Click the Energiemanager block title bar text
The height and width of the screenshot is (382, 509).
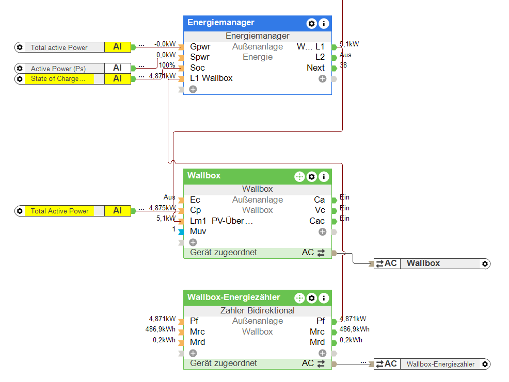pyautogui.click(x=221, y=23)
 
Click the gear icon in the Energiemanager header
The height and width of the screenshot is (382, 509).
pyautogui.click(x=311, y=23)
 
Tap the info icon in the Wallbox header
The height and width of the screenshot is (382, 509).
pyautogui.click(x=324, y=177)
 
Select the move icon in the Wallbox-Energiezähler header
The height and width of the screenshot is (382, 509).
pyautogui.click(x=299, y=298)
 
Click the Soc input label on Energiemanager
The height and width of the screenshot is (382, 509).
pyautogui.click(x=197, y=68)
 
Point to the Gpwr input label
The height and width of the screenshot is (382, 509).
pyautogui.click(x=200, y=46)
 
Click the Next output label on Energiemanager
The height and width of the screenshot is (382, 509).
pyautogui.click(x=315, y=68)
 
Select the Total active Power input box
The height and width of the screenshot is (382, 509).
pyautogui.click(x=59, y=47)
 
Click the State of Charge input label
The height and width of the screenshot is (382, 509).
pyautogui.click(x=58, y=79)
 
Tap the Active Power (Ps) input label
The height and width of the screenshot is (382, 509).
pyautogui.click(x=58, y=69)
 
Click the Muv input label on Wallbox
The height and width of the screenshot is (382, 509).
pyautogui.click(x=198, y=231)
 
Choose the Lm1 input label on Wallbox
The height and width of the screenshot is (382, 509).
pyautogui.click(x=198, y=221)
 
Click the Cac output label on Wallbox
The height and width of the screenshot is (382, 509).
pyautogui.click(x=317, y=221)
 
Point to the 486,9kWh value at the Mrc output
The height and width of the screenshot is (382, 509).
pyautogui.click(x=354, y=329)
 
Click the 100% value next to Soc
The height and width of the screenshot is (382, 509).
pyautogui.click(x=167, y=65)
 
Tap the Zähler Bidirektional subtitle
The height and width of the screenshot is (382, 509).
pyautogui.click(x=257, y=310)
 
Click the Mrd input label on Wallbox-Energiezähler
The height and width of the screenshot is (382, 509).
pyautogui.click(x=197, y=342)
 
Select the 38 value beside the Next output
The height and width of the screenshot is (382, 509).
pyautogui.click(x=343, y=65)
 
